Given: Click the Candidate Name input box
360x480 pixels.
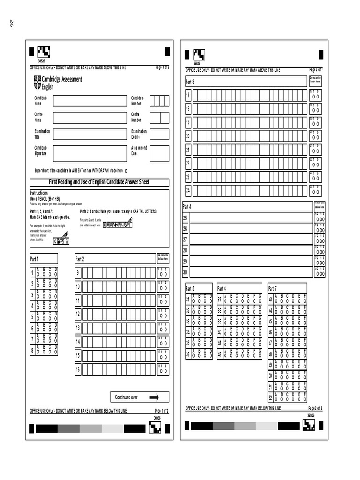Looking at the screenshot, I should coord(90,101).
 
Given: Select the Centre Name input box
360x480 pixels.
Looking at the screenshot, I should coord(90,117).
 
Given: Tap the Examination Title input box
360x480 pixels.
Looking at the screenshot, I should coord(90,134).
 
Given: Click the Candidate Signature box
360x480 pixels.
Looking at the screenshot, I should coord(90,153).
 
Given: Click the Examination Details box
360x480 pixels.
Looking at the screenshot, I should coord(159,134).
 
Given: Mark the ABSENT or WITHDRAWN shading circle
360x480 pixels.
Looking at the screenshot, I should coord(127,171).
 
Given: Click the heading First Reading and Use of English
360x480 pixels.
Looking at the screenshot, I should coord(99,182).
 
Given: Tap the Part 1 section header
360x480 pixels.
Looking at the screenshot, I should coord(44,259).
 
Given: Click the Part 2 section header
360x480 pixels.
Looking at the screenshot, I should coord(115,259).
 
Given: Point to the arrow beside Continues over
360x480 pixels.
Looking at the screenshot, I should coord(154,397).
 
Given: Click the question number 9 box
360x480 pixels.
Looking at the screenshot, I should coord(78,273).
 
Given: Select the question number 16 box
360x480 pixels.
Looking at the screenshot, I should coord(78,370).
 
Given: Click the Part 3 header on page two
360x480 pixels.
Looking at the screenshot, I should coord(245,82).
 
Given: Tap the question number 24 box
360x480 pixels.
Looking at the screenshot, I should coord(187,190).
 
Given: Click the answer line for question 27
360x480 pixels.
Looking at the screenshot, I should coord(251,239).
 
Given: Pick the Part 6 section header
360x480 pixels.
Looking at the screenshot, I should coord(239,288).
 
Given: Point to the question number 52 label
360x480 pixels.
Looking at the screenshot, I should coord(270,397).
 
